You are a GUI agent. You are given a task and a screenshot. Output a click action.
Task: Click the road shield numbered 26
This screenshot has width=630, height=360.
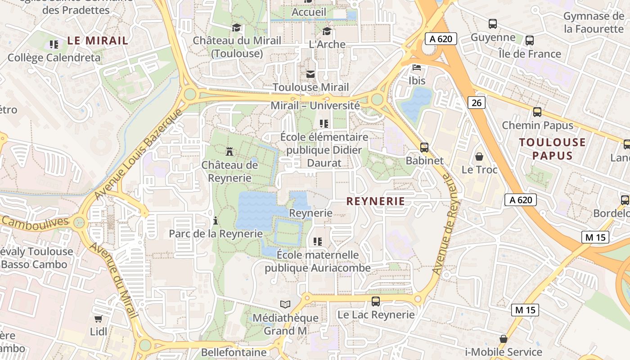click(x=477, y=103)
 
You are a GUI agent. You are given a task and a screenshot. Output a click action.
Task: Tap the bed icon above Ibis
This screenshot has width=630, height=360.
click(x=417, y=67)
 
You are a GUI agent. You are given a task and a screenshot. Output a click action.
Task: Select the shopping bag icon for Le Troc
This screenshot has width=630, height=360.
click(x=479, y=157)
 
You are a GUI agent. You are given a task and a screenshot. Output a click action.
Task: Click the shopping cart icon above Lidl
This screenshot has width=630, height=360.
click(x=98, y=319)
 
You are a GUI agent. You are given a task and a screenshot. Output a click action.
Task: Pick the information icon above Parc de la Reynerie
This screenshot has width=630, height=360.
click(x=216, y=220)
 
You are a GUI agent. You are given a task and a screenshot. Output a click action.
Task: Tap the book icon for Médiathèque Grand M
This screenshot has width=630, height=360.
click(x=285, y=305)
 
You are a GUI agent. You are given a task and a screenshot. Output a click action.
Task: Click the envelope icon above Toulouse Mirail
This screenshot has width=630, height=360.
click(x=310, y=74)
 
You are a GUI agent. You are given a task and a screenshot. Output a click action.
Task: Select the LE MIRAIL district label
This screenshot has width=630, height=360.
click(x=98, y=40)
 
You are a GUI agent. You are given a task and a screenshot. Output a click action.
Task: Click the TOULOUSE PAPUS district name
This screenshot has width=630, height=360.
click(x=552, y=149)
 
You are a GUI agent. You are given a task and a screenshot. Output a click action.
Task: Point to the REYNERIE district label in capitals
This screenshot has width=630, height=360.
click(x=376, y=201)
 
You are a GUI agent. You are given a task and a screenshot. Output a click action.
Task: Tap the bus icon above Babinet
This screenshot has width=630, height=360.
click(x=424, y=147)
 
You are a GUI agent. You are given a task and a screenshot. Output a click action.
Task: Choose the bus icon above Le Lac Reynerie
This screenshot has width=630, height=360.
click(x=375, y=301)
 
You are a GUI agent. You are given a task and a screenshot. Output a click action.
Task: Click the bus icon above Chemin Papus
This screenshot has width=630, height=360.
click(x=537, y=112)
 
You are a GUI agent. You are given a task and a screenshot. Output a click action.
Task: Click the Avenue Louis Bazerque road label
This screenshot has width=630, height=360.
click(x=139, y=154)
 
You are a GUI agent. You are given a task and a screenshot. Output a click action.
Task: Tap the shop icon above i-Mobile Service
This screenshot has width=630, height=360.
click(x=503, y=339)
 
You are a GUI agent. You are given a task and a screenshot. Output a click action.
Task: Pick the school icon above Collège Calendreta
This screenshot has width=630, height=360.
click(x=54, y=44)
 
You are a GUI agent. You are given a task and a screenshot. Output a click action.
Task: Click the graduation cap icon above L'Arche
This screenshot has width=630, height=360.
click(x=327, y=31)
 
